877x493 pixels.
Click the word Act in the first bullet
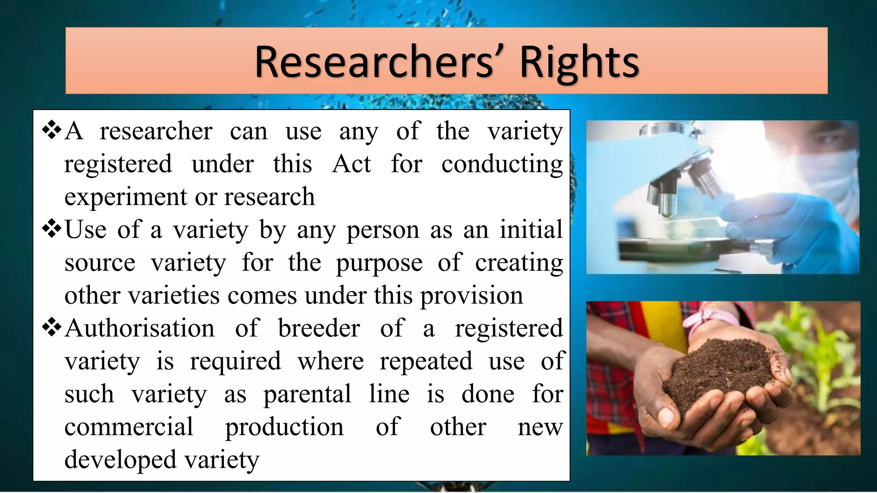pyautogui.click(x=352, y=164)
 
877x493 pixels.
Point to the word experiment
pyautogui.click(x=126, y=197)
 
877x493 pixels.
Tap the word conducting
pyautogui.click(x=502, y=165)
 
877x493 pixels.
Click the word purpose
pyautogui.click(x=379, y=263)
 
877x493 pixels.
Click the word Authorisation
pyautogui.click(x=140, y=328)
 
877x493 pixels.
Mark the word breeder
pyautogui.click(x=319, y=328)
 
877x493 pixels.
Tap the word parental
pyautogui.click(x=307, y=394)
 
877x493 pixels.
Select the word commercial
pyautogui.click(x=128, y=427)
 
